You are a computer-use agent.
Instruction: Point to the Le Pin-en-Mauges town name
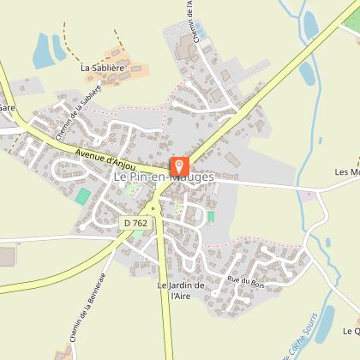coord(162,177)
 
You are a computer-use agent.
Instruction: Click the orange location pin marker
coord(179,165)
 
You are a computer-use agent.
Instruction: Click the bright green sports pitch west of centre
coord(82,196)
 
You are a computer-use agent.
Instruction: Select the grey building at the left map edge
coord(7,256)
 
